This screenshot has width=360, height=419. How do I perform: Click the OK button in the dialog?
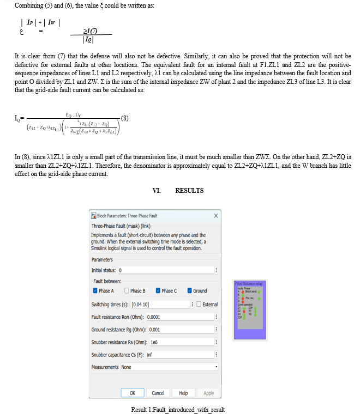tap(133, 393)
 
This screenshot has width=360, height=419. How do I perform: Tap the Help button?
tap(183, 393)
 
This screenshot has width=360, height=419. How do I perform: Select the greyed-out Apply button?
tap(209, 393)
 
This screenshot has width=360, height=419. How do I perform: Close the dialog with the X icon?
tap(216, 216)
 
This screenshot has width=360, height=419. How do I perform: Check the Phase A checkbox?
tap(95, 291)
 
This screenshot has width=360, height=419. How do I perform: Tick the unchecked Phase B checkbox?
tap(127, 291)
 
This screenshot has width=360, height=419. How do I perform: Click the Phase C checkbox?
tap(158, 291)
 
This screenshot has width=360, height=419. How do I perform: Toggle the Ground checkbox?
tap(190, 291)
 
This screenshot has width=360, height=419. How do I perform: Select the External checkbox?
tap(199, 305)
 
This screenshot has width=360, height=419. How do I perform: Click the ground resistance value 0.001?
tap(154, 330)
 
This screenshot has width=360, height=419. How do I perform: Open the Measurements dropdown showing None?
tap(169, 367)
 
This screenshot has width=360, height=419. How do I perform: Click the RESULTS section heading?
tap(189, 191)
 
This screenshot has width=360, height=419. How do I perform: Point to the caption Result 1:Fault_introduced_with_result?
tap(178, 410)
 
